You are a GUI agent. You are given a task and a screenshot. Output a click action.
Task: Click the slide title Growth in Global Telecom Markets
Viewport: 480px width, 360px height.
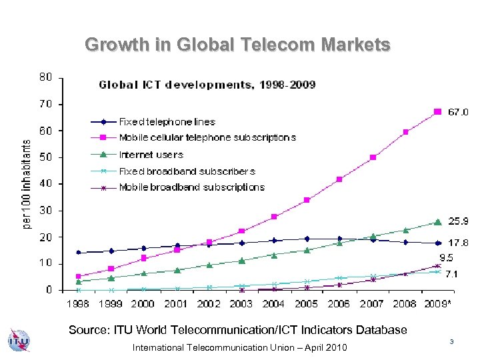click(237, 45)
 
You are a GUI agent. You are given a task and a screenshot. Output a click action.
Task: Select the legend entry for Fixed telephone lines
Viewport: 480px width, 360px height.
click(167, 121)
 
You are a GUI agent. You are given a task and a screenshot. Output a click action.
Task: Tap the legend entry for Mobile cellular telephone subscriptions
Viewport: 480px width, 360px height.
click(207, 137)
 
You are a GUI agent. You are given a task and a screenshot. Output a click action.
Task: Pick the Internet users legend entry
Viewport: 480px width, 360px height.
click(151, 154)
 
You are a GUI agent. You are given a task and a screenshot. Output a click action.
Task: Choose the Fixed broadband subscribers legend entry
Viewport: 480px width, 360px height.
click(187, 171)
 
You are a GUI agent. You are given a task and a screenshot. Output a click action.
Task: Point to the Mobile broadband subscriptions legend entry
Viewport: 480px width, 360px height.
click(191, 187)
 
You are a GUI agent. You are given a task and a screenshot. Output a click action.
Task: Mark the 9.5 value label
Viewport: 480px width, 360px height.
click(446, 257)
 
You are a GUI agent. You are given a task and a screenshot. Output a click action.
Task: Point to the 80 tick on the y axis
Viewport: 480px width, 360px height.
click(45, 77)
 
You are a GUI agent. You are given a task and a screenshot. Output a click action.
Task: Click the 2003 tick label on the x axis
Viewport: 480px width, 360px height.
click(241, 303)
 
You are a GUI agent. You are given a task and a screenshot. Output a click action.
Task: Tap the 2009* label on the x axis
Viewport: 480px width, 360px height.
click(439, 303)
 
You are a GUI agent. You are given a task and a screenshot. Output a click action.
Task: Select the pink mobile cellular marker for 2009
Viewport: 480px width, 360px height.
click(437, 111)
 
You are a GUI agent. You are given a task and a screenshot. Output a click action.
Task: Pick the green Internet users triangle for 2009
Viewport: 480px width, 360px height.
click(437, 222)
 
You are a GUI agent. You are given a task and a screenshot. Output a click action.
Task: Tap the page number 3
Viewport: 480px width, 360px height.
click(451, 342)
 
